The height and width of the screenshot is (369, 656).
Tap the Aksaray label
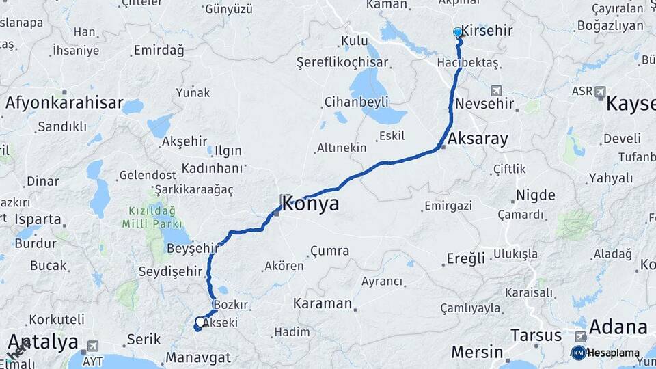[478, 139]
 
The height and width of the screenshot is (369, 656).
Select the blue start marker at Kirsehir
[458, 32]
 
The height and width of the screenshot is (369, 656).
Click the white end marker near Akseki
[200, 321]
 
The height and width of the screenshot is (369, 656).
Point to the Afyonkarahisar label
[64, 104]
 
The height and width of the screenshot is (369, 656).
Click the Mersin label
[476, 353]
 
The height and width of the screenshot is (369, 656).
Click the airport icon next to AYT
[93, 346]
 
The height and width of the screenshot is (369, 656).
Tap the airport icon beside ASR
[600, 91]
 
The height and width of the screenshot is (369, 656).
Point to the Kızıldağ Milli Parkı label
[152, 217]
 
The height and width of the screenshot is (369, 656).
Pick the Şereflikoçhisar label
[342, 62]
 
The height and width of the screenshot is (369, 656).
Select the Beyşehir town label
[192, 249]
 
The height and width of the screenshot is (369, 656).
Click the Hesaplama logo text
[613, 353]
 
